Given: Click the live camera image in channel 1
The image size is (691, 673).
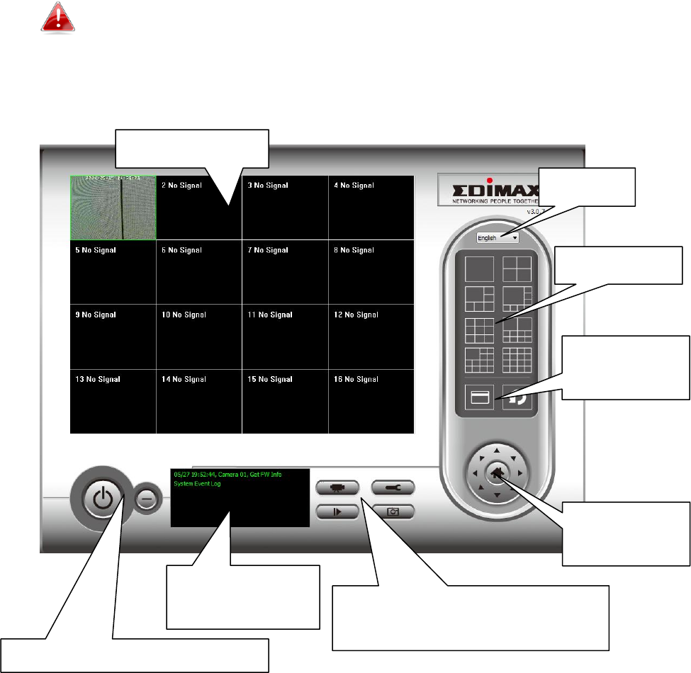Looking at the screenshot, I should (x=113, y=208).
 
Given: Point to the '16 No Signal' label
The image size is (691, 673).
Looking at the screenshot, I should (x=356, y=380).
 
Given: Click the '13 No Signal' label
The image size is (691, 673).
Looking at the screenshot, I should (x=98, y=380).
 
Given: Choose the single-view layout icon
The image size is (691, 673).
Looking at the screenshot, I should (x=478, y=269).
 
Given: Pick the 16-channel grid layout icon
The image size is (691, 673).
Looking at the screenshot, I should (x=517, y=360).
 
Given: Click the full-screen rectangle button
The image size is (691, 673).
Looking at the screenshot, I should (x=478, y=398).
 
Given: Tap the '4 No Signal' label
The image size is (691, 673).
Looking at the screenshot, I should (x=354, y=186).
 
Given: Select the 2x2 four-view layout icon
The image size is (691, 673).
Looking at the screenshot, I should (x=517, y=269).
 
